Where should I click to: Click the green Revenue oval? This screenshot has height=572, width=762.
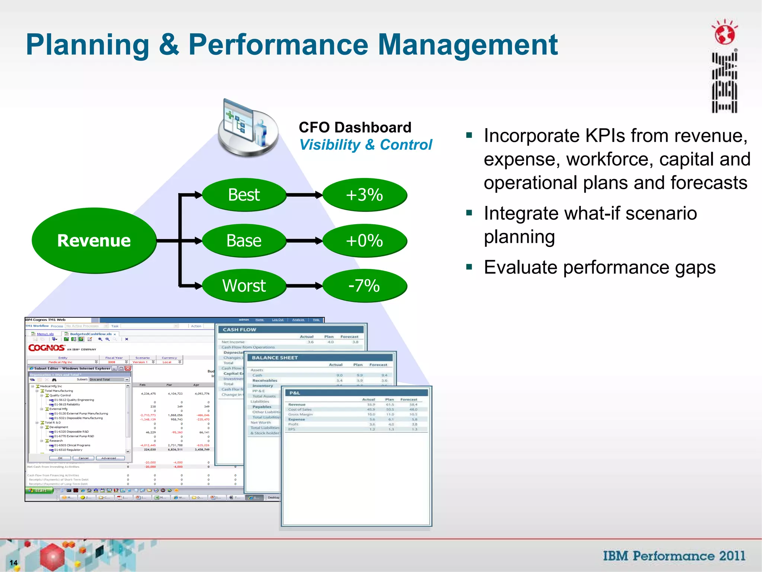94,241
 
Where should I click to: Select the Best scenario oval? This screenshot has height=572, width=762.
244,195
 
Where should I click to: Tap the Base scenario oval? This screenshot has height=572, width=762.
244,241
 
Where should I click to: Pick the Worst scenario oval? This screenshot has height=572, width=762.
244,286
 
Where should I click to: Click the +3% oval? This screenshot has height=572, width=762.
364,195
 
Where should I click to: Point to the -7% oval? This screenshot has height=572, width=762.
364,286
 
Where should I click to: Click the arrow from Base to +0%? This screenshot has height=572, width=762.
304,241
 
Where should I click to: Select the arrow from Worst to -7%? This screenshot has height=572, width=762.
304,286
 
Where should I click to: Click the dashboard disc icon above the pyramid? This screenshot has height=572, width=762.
248,128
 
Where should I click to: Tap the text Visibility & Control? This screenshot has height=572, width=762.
366,145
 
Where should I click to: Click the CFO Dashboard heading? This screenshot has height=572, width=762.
355,127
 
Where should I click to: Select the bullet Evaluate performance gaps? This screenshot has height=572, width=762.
599,267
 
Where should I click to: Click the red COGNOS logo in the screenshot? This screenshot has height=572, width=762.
47,348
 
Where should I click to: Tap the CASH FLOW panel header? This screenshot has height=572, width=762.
240,330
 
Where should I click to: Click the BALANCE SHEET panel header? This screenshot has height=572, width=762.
275,357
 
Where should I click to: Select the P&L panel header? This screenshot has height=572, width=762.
295,393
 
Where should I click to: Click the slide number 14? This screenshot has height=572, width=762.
14,563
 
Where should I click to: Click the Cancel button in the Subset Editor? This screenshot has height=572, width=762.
83,458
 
